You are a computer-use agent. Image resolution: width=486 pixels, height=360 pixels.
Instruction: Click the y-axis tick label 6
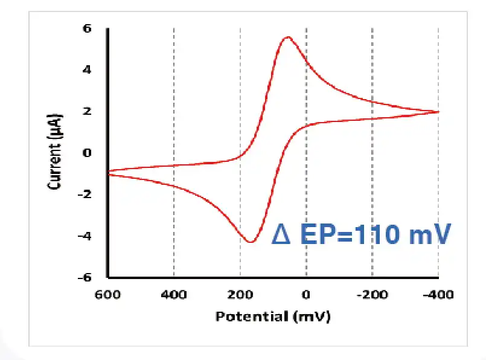coord(87,28)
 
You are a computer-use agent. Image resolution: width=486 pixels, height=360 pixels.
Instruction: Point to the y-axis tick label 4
coord(87,70)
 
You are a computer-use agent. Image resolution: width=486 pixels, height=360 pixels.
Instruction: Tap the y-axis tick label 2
coord(87,112)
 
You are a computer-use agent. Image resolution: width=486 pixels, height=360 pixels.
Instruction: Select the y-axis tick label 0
coord(87,153)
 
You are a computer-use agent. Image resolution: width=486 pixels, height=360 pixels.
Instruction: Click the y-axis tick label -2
coord(85,194)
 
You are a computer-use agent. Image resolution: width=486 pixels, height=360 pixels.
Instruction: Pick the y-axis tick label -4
coord(85,236)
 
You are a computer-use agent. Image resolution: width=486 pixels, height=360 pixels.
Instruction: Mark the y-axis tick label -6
coord(85,277)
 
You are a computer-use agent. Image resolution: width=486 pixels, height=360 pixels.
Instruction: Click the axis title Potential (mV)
coord(273,316)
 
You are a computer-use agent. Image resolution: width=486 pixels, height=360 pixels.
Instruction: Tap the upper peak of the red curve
coord(288,37)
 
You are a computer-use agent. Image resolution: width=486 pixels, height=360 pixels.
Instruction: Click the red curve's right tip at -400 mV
coord(438,112)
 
